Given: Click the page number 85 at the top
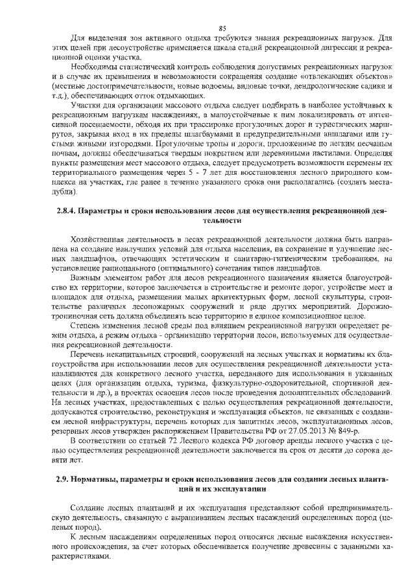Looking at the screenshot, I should click(222, 28).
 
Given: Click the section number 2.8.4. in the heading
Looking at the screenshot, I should click(62, 211).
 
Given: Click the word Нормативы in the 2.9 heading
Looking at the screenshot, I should click(101, 479).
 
